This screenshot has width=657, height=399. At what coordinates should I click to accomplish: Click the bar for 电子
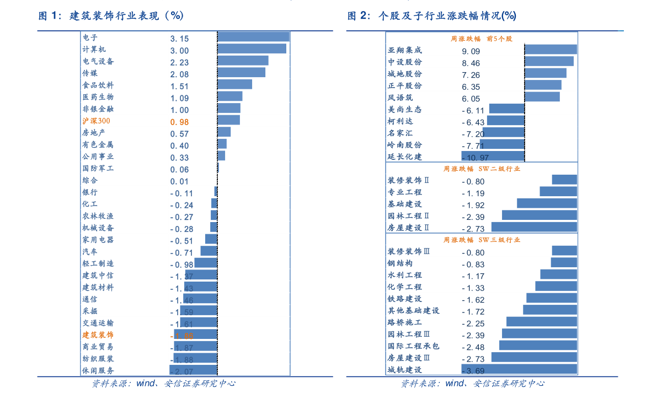[254, 37]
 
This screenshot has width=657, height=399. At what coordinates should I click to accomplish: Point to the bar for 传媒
[242, 73]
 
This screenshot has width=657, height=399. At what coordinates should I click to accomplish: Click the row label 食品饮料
[98, 85]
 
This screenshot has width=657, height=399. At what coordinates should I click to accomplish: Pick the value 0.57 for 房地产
[179, 134]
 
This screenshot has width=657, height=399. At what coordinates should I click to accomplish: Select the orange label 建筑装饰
[98, 335]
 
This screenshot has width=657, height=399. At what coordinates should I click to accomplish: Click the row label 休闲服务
[98, 370]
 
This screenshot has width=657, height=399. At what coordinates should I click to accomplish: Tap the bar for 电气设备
[243, 61]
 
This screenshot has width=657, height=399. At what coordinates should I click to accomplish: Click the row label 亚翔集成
[405, 50]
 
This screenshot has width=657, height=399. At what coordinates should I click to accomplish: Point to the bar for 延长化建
[492, 157]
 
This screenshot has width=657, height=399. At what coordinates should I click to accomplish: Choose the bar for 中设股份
[549, 62]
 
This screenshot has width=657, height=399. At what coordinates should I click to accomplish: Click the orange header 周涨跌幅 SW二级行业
[482, 169]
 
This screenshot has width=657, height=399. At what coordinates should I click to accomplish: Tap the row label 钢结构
[400, 263]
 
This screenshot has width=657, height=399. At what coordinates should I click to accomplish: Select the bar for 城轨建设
[519, 370]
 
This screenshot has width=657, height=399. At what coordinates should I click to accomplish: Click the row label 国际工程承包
[414, 346]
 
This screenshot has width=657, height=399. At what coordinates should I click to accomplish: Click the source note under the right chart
[472, 384]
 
